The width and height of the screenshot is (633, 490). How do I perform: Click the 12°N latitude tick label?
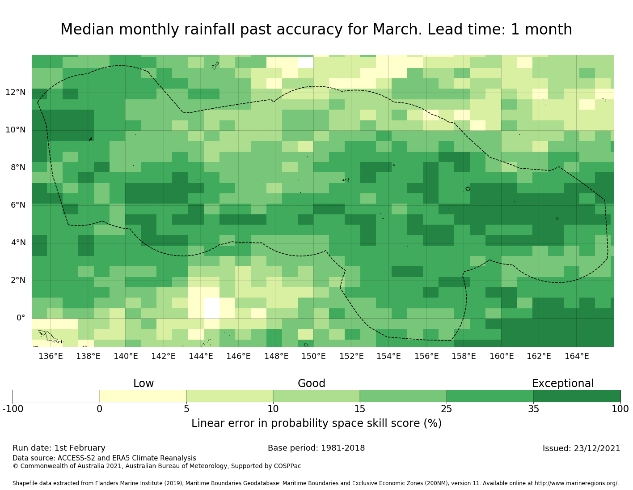15,93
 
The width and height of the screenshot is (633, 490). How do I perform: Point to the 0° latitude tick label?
21,318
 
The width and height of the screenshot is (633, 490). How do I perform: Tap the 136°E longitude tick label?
51,357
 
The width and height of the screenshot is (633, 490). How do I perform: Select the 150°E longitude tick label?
313,357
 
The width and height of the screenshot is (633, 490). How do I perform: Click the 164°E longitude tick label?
577,357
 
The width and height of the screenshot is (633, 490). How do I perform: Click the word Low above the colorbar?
143,384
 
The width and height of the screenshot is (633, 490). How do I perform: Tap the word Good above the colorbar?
312,384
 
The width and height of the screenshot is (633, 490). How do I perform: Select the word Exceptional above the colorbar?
562,384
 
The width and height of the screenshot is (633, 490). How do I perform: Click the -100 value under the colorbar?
13,409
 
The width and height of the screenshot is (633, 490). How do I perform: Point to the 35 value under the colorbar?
533,409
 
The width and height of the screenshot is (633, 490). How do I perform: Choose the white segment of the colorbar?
56,396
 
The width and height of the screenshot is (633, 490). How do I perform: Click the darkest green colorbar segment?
577,396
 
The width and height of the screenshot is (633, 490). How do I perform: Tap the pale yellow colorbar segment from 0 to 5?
143,396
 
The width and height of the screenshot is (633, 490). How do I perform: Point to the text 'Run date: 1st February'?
59,448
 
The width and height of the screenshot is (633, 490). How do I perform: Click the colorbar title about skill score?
316,424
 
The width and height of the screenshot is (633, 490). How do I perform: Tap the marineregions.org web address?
576,483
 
